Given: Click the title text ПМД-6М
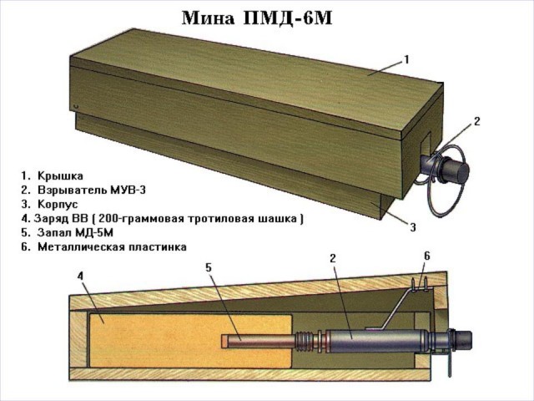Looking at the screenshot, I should tap(293, 18).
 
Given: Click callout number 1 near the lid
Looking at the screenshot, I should tap(406, 60).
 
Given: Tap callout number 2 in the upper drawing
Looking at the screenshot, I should tap(476, 122).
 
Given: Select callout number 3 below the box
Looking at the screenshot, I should tap(412, 226).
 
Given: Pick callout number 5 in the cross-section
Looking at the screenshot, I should tap(209, 268).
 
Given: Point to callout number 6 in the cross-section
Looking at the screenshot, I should tap(426, 255).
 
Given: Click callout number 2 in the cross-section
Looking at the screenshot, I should tap(332, 259).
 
